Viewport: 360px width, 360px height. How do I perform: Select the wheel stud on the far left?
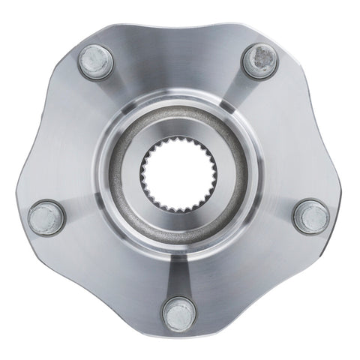(x=44, y=217)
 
